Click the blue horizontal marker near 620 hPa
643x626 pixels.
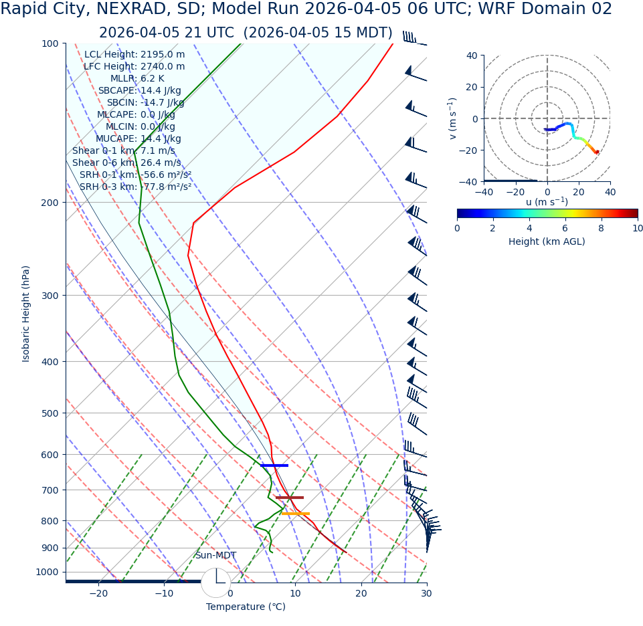pyautogui.click(x=274, y=465)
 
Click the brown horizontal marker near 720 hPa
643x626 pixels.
pyautogui.click(x=290, y=497)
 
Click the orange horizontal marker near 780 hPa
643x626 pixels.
pyautogui.click(x=296, y=514)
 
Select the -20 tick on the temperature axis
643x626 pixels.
pyautogui.click(x=98, y=593)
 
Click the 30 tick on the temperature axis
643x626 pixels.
pyautogui.click(x=426, y=593)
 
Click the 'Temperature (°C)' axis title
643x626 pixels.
pyautogui.click(x=246, y=607)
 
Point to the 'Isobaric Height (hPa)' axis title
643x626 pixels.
pyautogui.click(x=26, y=314)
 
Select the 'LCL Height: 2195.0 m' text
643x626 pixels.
pyautogui.click(x=134, y=54)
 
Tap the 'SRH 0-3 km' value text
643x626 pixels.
pyautogui.click(x=135, y=187)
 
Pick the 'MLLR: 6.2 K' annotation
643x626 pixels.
pyautogui.click(x=137, y=78)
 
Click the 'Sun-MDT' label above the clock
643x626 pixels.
pyautogui.click(x=215, y=555)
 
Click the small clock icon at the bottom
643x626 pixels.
pyautogui.click(x=215, y=583)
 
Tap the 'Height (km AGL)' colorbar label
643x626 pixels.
pyautogui.click(x=547, y=241)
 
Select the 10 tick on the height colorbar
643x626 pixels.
pyautogui.click(x=637, y=228)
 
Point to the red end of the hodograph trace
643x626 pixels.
pyautogui.click(x=597, y=152)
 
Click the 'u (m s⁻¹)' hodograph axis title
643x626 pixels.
pyautogui.click(x=547, y=202)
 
